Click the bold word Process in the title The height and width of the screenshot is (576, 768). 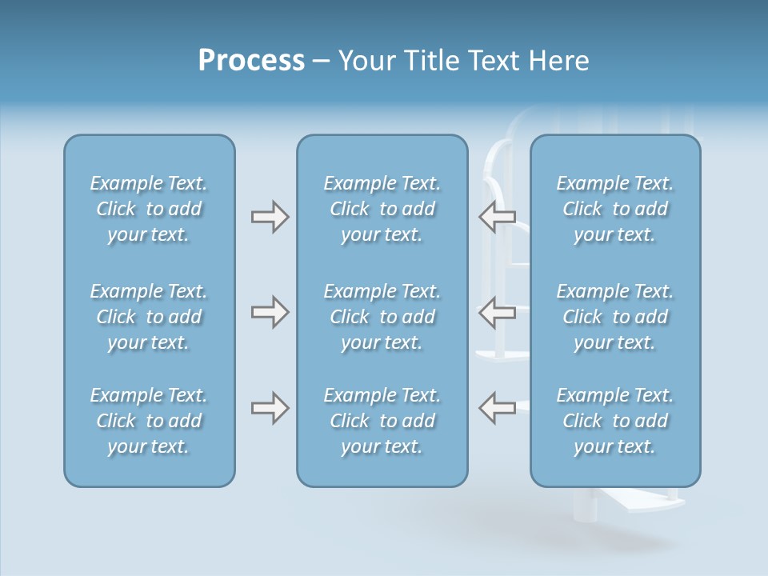[251, 61]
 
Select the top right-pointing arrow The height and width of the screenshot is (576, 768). [270, 217]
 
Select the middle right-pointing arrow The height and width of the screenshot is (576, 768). [270, 312]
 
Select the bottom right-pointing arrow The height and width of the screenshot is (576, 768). [270, 408]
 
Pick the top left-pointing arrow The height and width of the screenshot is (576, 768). [497, 217]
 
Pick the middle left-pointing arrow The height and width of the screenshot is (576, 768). [497, 312]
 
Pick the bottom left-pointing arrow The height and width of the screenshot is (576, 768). [497, 408]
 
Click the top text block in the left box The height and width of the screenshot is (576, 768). [149, 209]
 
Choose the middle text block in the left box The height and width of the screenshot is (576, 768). [149, 317]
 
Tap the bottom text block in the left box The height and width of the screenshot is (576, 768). [149, 421]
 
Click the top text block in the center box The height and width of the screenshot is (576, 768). [382, 209]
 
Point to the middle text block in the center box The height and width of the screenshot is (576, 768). [382, 317]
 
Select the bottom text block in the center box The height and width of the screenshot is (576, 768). [382, 421]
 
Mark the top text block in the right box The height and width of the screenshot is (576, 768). [614, 209]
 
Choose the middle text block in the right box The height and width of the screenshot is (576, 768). [614, 317]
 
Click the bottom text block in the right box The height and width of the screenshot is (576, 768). [614, 421]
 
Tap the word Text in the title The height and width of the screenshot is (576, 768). [493, 61]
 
